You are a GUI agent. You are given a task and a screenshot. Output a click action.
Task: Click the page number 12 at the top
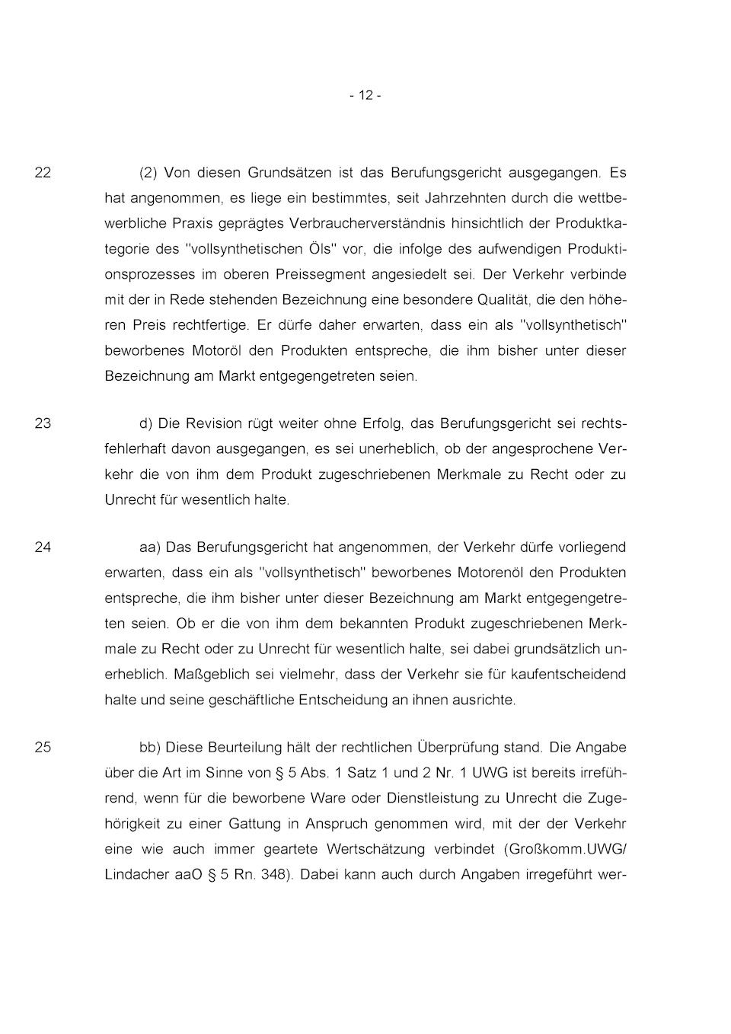click(365, 95)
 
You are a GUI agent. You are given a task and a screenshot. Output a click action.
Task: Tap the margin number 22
click(43, 173)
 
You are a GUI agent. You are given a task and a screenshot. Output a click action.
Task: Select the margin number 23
click(43, 423)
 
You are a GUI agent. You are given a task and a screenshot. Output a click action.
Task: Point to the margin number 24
click(43, 547)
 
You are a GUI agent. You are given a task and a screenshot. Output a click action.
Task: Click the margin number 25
click(43, 747)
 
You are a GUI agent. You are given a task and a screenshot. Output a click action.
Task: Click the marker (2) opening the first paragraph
click(148, 173)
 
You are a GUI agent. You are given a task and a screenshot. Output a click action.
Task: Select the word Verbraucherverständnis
click(369, 223)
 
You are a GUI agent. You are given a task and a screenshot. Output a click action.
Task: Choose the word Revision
click(211, 423)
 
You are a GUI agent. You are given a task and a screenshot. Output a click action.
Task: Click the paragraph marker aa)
click(150, 547)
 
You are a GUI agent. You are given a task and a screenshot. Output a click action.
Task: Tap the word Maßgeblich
click(208, 674)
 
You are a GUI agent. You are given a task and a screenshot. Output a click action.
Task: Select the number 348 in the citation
click(274, 874)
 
